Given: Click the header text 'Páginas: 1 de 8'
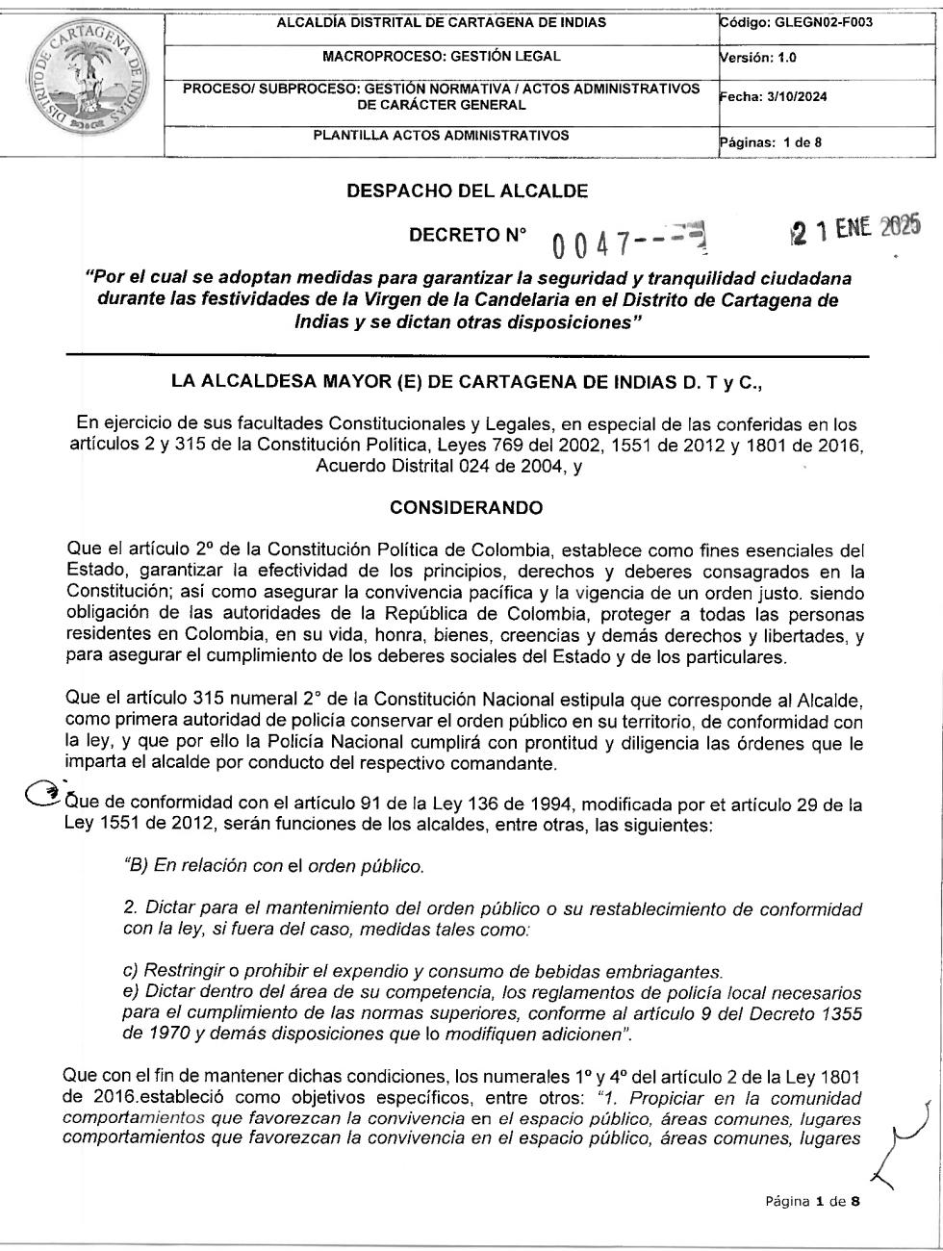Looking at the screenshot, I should click(771, 143).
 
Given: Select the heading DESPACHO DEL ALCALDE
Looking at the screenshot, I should click(467, 191).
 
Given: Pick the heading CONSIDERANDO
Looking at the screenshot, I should click(467, 507).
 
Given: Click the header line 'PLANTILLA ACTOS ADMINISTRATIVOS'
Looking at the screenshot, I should click(441, 136).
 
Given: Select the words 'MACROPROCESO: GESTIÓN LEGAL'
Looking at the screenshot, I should click(441, 57).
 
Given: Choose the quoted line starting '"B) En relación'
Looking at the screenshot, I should click(273, 866).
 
